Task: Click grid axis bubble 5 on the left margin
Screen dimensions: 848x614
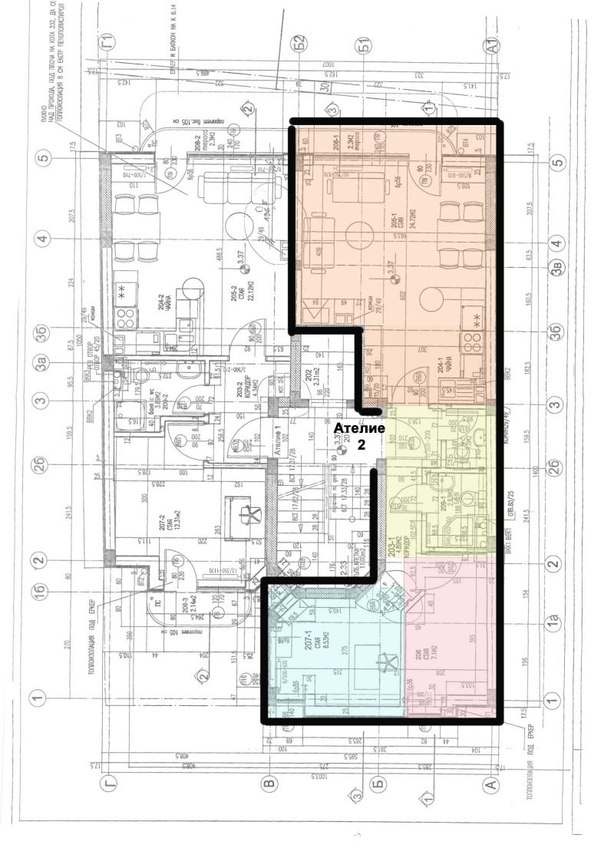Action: [x=42, y=160]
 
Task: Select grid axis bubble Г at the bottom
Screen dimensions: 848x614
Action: [x=108, y=784]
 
